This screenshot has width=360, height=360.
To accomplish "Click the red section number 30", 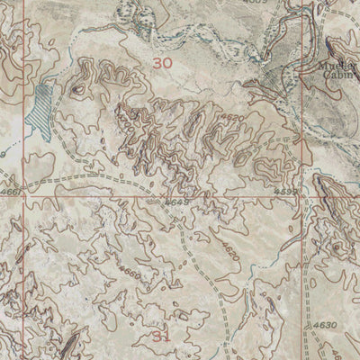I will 161,64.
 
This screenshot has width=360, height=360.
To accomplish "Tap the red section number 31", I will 161,335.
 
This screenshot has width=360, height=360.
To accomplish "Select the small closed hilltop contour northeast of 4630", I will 338,246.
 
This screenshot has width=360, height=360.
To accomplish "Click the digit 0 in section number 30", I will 166,64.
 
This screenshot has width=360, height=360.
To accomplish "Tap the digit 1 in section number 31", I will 166,335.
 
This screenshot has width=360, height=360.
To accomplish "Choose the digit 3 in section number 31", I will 157,335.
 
